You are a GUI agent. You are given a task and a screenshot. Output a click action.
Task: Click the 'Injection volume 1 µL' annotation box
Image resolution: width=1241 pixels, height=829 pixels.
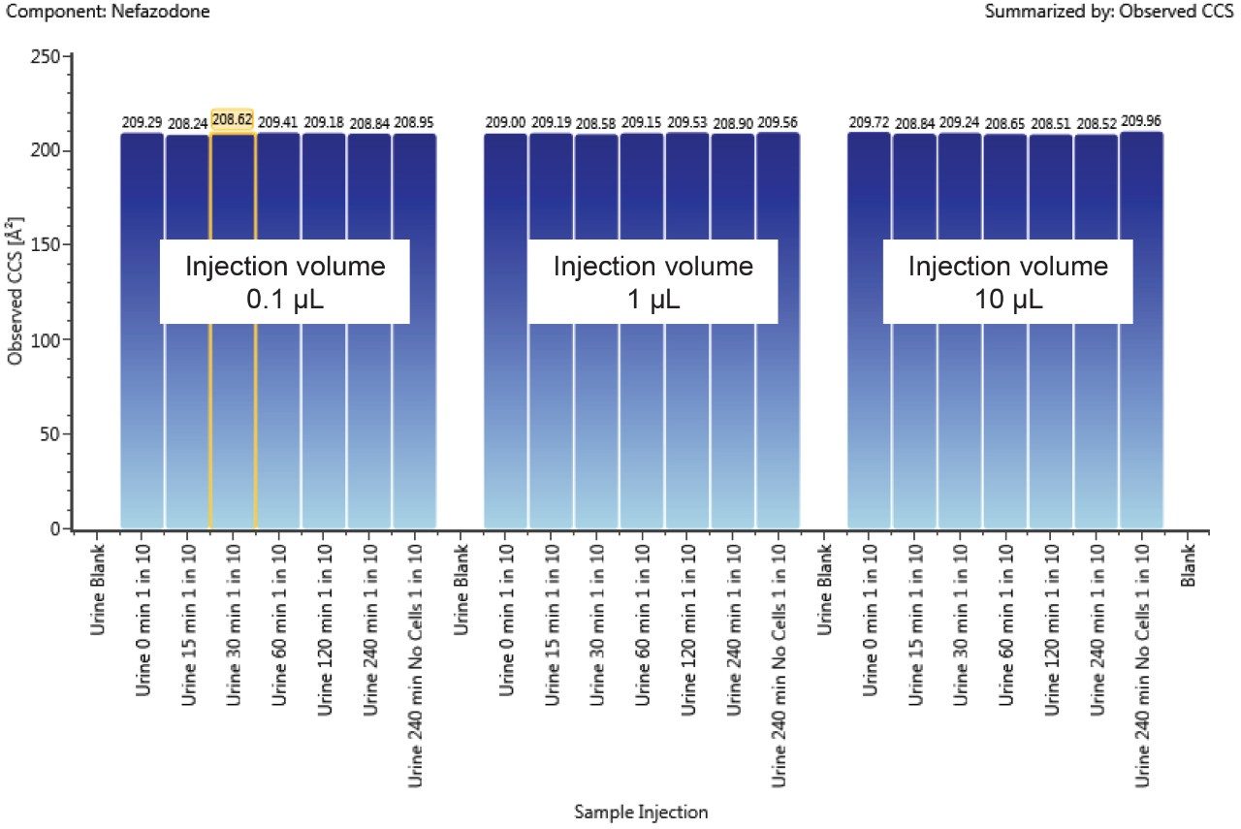pyautogui.click(x=652, y=281)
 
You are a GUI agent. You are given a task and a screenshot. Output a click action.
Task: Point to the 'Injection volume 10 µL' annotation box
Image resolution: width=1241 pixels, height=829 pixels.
pyautogui.click(x=1007, y=281)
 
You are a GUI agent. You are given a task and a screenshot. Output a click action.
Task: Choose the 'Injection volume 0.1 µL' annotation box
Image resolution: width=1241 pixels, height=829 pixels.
pyautogui.click(x=285, y=281)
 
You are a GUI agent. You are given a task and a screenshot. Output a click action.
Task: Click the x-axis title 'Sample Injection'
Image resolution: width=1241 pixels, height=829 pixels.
pyautogui.click(x=641, y=812)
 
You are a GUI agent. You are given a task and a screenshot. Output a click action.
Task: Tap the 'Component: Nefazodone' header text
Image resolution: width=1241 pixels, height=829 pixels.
pyautogui.click(x=107, y=13)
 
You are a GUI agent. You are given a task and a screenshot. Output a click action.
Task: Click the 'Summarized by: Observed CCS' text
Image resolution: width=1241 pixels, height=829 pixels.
pyautogui.click(x=1109, y=13)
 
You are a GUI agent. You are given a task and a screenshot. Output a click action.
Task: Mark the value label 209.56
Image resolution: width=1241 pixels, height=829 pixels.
pyautogui.click(x=778, y=123)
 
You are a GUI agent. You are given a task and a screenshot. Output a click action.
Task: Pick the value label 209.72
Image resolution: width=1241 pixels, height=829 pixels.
pyautogui.click(x=869, y=123)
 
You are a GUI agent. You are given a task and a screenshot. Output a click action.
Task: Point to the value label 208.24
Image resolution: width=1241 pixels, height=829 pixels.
pyautogui.click(x=187, y=123)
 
